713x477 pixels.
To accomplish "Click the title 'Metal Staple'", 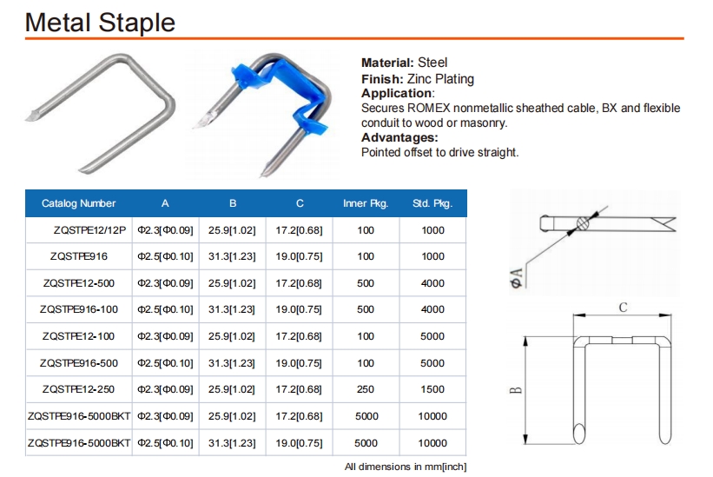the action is coord(100,23).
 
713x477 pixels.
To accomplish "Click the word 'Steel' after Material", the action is coord(432,63).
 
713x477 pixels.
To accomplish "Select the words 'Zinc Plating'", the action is coord(440,79).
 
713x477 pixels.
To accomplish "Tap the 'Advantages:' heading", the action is coord(399,137).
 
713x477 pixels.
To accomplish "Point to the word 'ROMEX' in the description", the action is coord(429,109).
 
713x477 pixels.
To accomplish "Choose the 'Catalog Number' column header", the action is coord(79,203).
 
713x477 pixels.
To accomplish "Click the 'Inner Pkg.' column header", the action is coord(366,203).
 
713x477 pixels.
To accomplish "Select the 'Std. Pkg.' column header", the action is coord(432,203).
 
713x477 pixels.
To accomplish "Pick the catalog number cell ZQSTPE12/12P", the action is coord(89,230).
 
